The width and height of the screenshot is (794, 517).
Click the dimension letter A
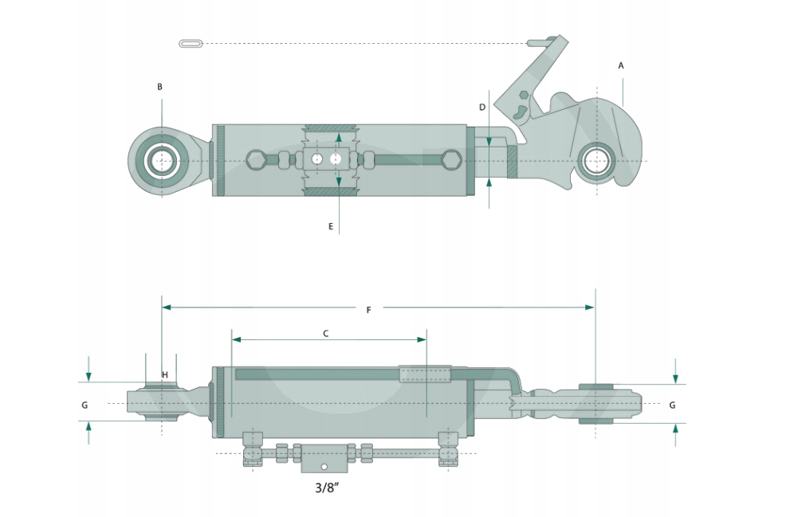click(621, 66)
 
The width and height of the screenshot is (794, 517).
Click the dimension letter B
click(159, 87)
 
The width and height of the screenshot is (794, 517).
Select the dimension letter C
click(325, 334)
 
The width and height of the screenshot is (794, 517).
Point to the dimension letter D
click(482, 108)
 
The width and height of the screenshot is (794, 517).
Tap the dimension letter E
click(331, 226)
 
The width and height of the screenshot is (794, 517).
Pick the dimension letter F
click(368, 310)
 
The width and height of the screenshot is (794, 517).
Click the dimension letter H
click(164, 375)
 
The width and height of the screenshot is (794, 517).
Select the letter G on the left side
click(85, 405)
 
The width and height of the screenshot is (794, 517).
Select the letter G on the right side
click(673, 405)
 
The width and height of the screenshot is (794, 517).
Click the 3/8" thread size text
click(327, 488)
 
